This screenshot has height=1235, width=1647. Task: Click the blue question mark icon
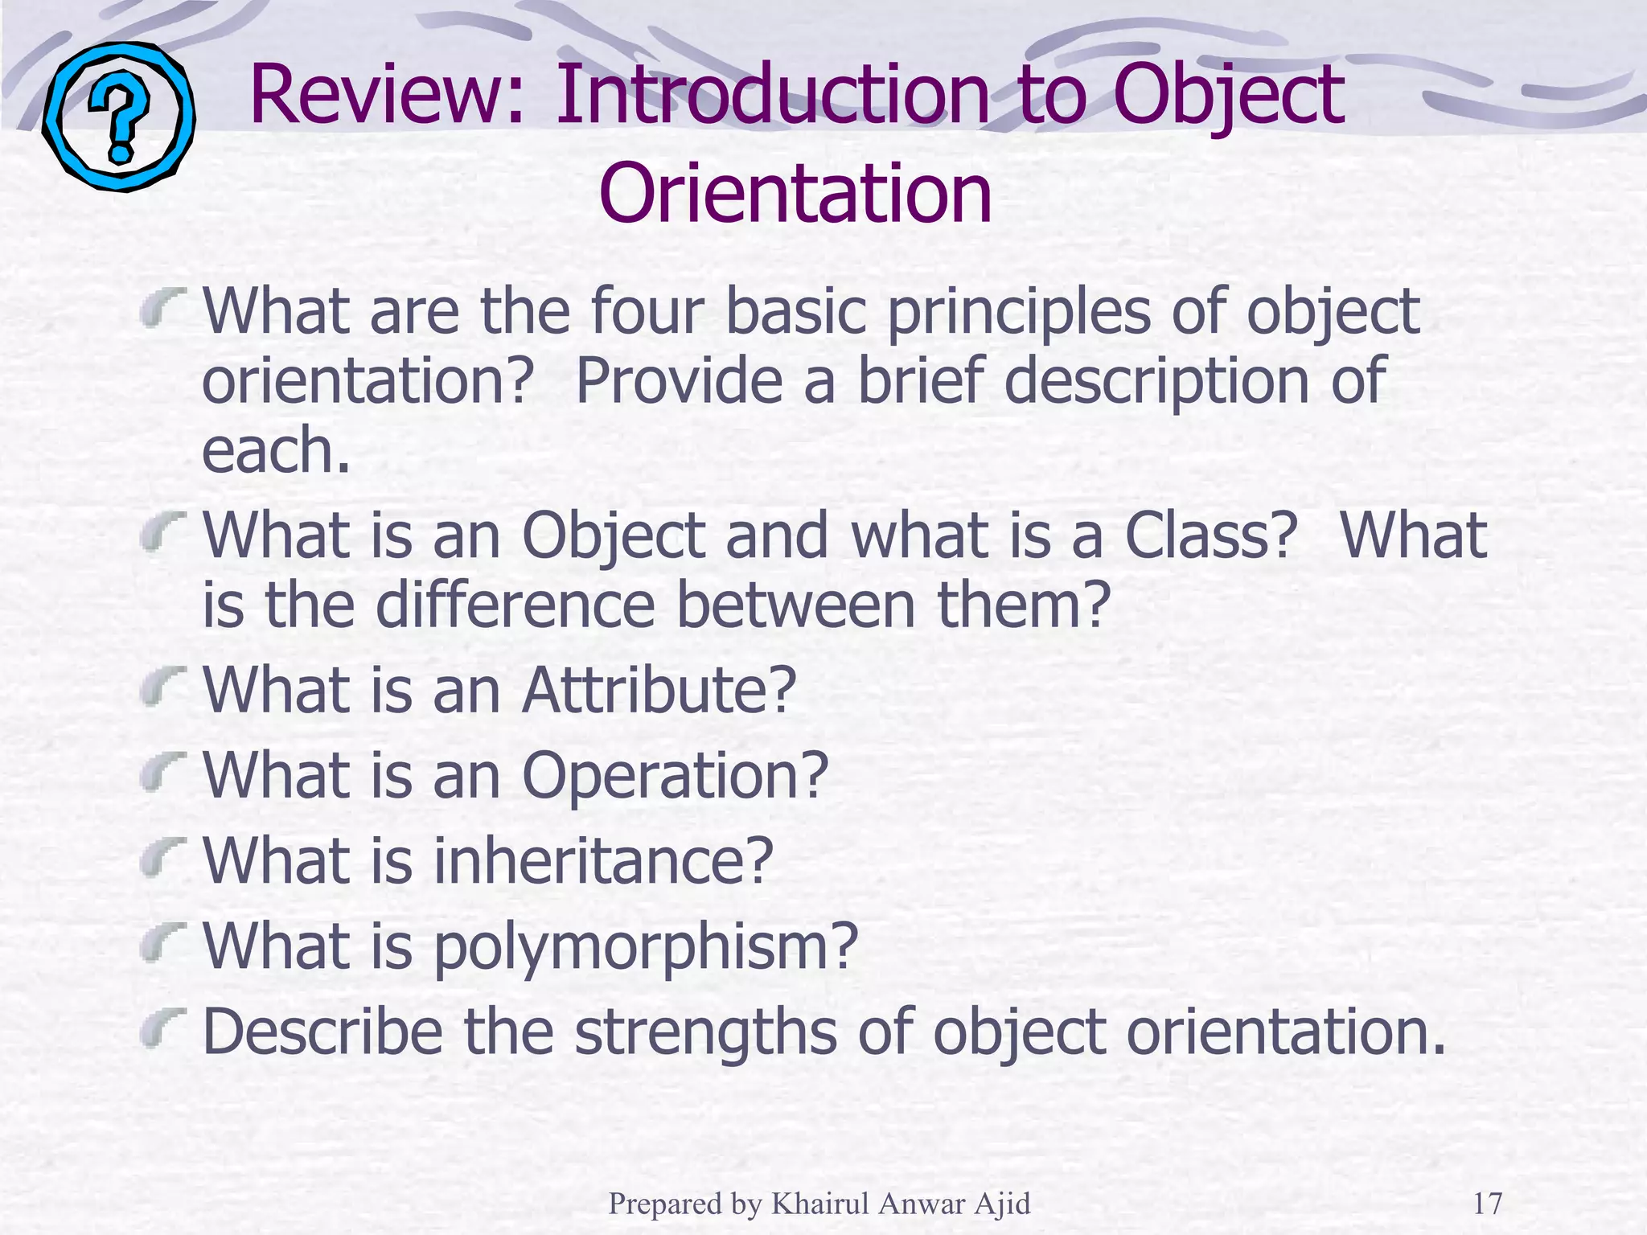(118, 117)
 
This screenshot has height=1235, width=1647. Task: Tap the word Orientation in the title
(795, 194)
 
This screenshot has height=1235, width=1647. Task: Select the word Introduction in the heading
(772, 96)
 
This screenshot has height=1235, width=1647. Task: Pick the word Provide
(679, 380)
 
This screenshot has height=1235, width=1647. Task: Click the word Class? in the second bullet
(1210, 535)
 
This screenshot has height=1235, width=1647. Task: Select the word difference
(515, 605)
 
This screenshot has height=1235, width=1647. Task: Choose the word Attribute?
(659, 690)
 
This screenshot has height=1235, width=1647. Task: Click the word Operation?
(675, 775)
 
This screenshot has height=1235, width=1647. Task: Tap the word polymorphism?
(646, 946)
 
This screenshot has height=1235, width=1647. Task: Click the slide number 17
(1487, 1204)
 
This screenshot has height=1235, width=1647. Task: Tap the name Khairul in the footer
(820, 1204)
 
